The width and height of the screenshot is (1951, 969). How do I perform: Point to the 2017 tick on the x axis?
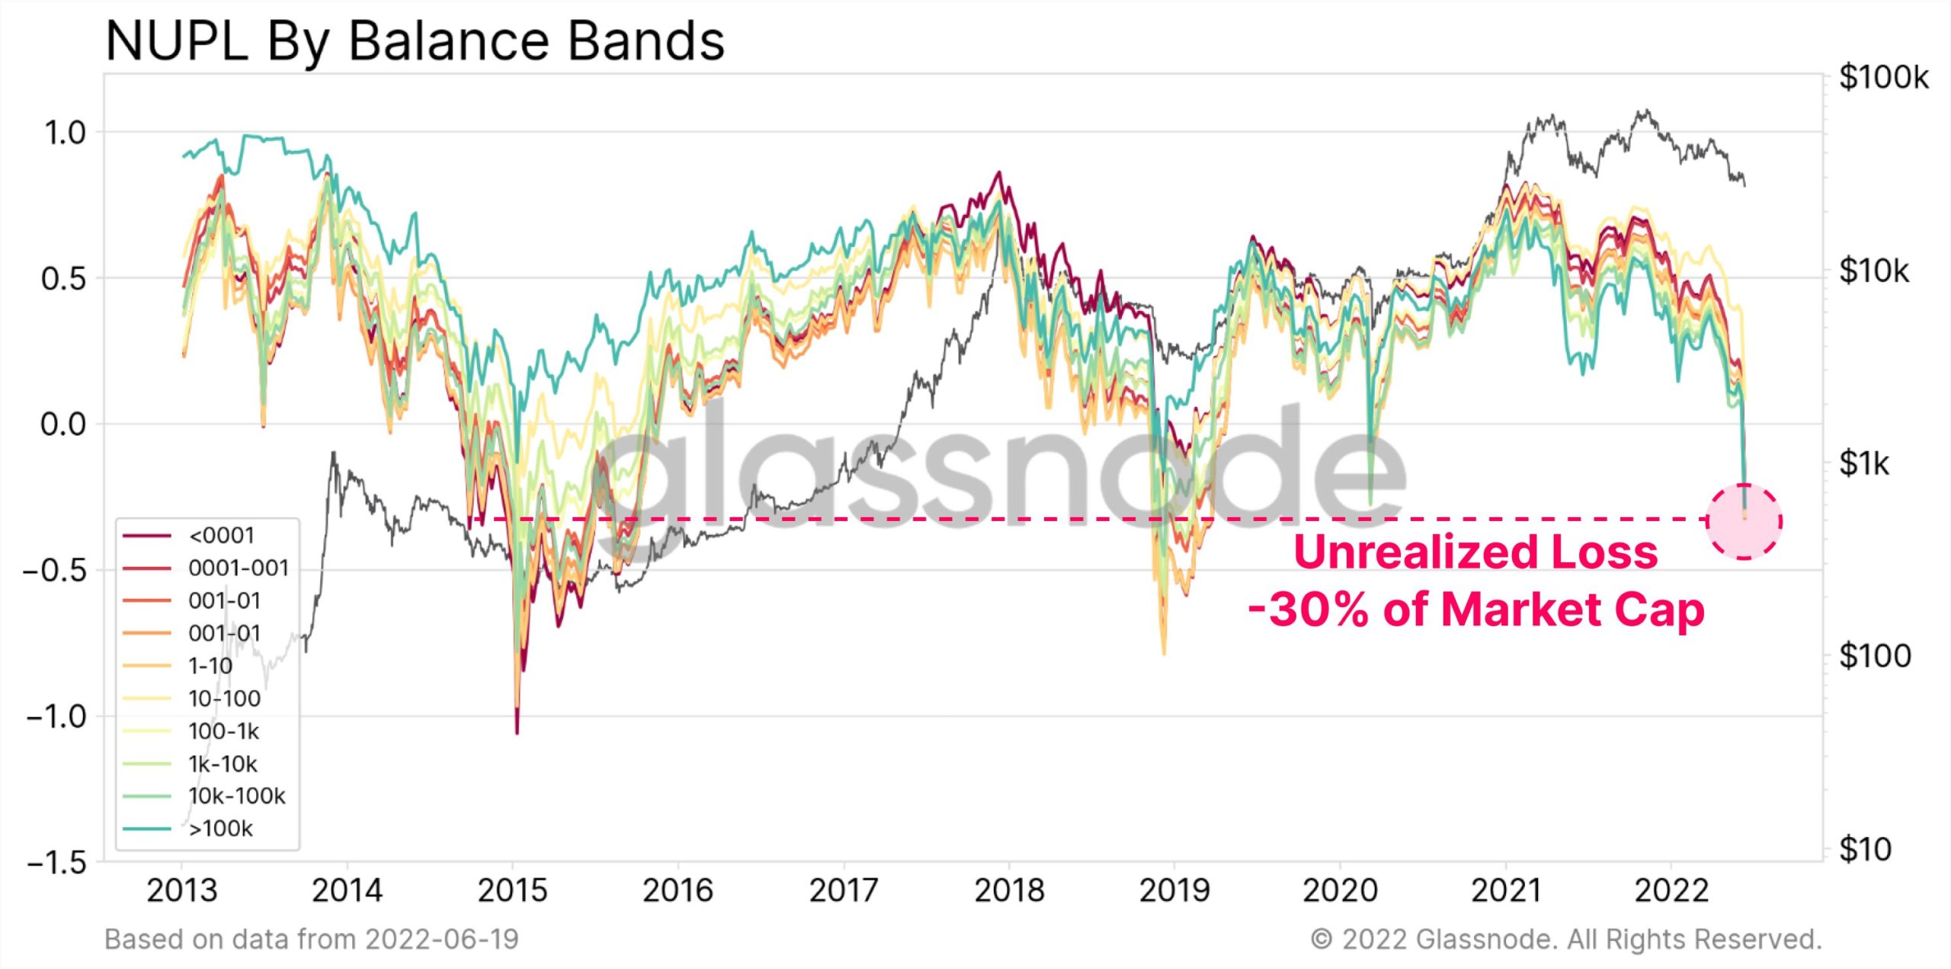click(x=843, y=890)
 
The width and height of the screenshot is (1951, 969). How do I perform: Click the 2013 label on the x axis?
click(x=181, y=890)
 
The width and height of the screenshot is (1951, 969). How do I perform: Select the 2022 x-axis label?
click(x=1671, y=890)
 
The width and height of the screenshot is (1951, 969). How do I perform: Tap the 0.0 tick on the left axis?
click(x=63, y=424)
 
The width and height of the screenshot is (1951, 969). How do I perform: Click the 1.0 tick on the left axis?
click(x=65, y=133)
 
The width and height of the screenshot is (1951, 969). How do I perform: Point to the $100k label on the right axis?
click(x=1883, y=78)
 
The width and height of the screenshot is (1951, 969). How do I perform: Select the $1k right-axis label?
click(x=1864, y=463)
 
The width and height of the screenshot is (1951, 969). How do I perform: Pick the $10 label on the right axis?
click(x=1865, y=849)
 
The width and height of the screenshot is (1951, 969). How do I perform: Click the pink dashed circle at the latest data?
click(x=1744, y=522)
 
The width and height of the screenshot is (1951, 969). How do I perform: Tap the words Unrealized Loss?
click(x=1475, y=552)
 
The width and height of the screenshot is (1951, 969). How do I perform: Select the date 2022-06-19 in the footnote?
click(x=441, y=939)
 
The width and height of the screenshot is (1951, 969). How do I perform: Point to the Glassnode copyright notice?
click(x=1565, y=939)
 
